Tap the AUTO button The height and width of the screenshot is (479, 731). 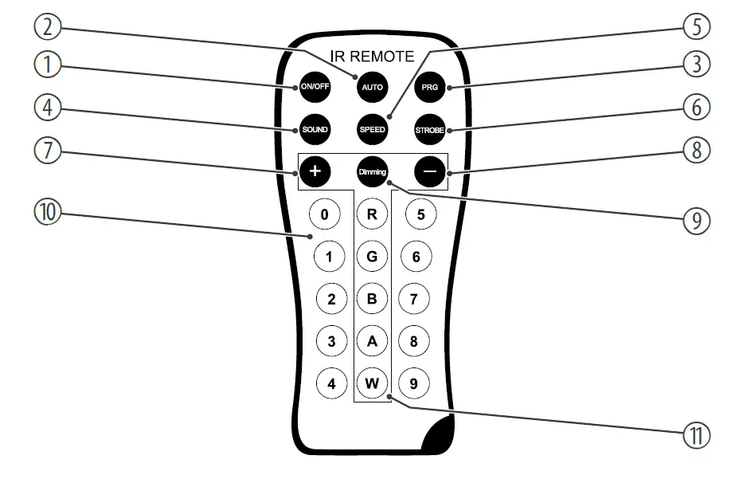[372, 87]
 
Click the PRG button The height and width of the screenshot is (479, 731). [430, 87]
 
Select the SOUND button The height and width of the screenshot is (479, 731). [315, 129]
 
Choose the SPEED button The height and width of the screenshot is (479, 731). [372, 129]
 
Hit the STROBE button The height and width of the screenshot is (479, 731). [430, 129]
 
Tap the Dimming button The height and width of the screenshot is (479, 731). [372, 171]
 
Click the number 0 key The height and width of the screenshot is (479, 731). [324, 214]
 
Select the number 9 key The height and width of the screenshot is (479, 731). [413, 383]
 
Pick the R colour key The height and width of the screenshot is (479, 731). [372, 214]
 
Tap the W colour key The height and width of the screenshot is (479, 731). [372, 383]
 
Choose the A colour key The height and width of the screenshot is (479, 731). [372, 341]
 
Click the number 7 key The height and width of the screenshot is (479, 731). [413, 300]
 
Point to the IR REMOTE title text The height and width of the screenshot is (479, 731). [372, 57]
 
